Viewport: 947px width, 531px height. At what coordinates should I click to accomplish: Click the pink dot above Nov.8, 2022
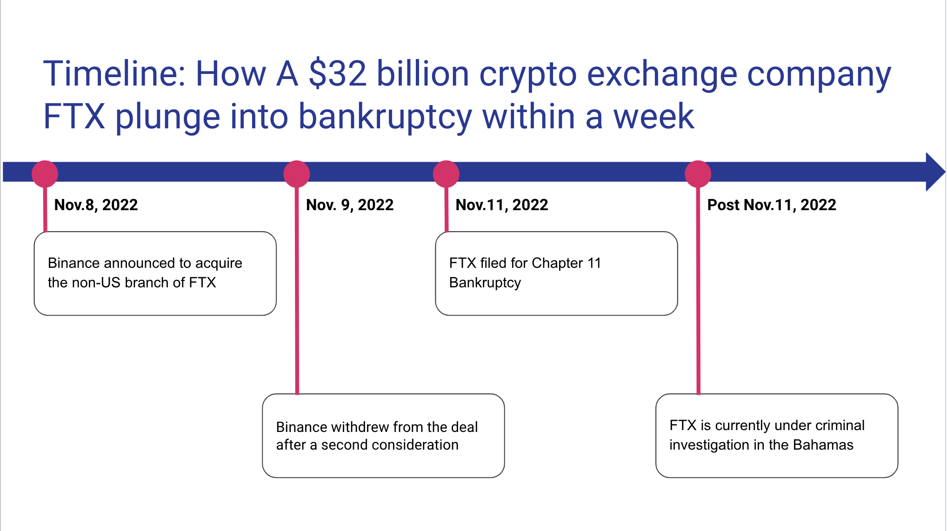(45, 174)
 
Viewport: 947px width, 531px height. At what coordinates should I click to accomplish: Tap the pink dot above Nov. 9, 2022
(297, 174)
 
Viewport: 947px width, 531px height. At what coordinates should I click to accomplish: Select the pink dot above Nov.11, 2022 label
(446, 174)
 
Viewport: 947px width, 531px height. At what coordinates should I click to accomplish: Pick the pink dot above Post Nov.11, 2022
(698, 174)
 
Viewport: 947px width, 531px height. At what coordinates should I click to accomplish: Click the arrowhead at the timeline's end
(934, 172)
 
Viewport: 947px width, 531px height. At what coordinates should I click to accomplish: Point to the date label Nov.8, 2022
(96, 205)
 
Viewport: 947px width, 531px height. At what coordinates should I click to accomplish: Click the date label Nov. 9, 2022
(350, 205)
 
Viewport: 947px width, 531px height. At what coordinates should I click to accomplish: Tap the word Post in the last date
(723, 205)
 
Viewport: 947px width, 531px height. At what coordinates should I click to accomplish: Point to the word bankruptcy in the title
(385, 117)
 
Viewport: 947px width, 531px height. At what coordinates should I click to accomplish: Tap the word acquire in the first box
(219, 264)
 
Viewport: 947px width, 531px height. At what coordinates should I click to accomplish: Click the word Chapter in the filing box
(557, 263)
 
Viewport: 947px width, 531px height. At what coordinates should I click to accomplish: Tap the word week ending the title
(654, 117)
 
